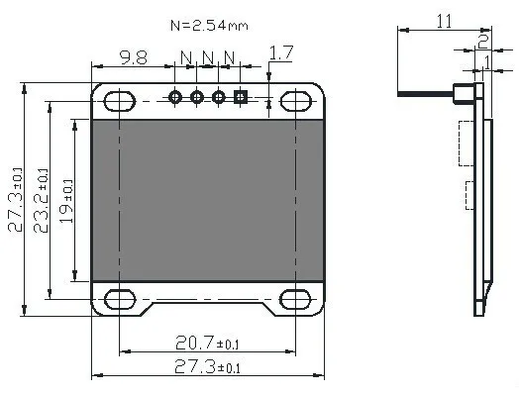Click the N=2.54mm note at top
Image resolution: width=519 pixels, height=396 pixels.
click(x=209, y=26)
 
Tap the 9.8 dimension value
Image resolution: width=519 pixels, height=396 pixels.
click(x=134, y=57)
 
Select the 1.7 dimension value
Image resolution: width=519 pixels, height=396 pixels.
click(x=281, y=52)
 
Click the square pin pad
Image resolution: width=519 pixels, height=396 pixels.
click(x=241, y=97)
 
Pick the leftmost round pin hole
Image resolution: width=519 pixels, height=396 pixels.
click(x=175, y=97)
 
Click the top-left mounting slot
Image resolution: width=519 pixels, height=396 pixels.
click(x=120, y=101)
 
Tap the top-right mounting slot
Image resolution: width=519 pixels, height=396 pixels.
click(x=296, y=101)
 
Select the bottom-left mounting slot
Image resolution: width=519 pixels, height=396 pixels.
click(x=120, y=299)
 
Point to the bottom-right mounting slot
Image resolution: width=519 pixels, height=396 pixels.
click(x=295, y=299)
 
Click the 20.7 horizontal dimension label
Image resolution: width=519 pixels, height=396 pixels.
click(x=207, y=343)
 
